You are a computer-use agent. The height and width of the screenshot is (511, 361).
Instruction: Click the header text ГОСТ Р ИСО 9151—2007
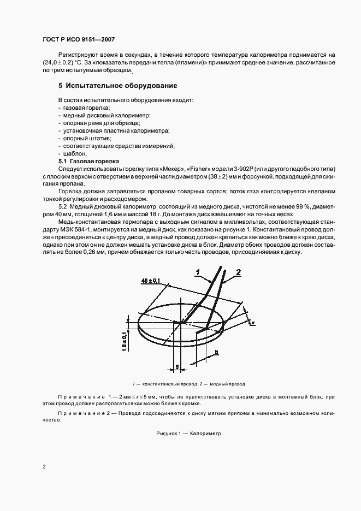(78, 40)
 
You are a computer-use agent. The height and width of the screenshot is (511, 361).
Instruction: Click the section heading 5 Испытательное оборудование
(117, 86)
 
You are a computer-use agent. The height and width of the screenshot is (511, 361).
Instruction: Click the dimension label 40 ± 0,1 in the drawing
(150, 280)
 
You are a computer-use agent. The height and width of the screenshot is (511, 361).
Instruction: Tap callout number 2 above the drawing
(238, 271)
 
